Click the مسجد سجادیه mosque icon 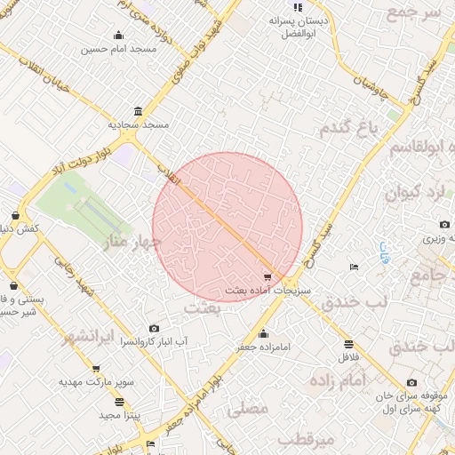(x=138, y=112)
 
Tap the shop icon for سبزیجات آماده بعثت (x=269, y=277)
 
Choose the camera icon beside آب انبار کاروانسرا (x=156, y=329)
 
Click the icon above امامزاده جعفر (x=262, y=334)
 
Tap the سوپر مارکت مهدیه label (x=97, y=382)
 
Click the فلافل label (x=347, y=357)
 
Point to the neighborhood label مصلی (x=248, y=410)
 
